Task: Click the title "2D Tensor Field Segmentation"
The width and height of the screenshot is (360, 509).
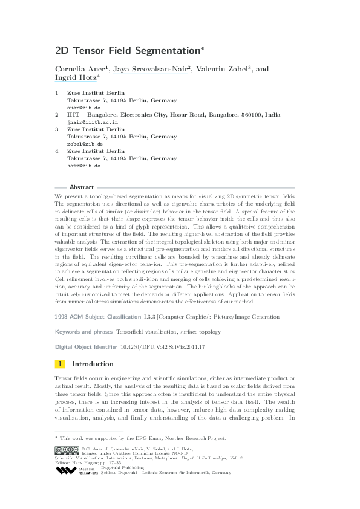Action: [x=127, y=51]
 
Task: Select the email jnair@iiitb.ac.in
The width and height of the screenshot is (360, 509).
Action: [x=92, y=122]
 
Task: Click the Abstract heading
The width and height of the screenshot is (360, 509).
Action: [x=82, y=187]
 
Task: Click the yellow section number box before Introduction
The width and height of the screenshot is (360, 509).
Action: [x=60, y=364]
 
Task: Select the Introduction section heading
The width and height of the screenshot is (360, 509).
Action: [x=93, y=364]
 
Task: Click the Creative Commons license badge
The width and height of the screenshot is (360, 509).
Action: [x=67, y=450]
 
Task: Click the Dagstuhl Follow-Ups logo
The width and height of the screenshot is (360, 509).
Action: [x=73, y=470]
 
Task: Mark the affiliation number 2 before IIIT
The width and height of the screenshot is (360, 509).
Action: [x=56, y=114]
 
